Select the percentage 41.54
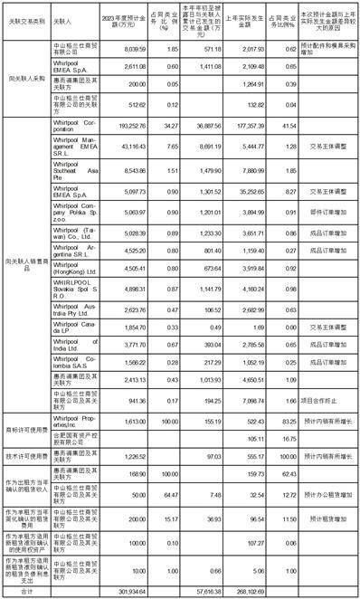[289, 128]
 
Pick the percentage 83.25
[289, 420]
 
